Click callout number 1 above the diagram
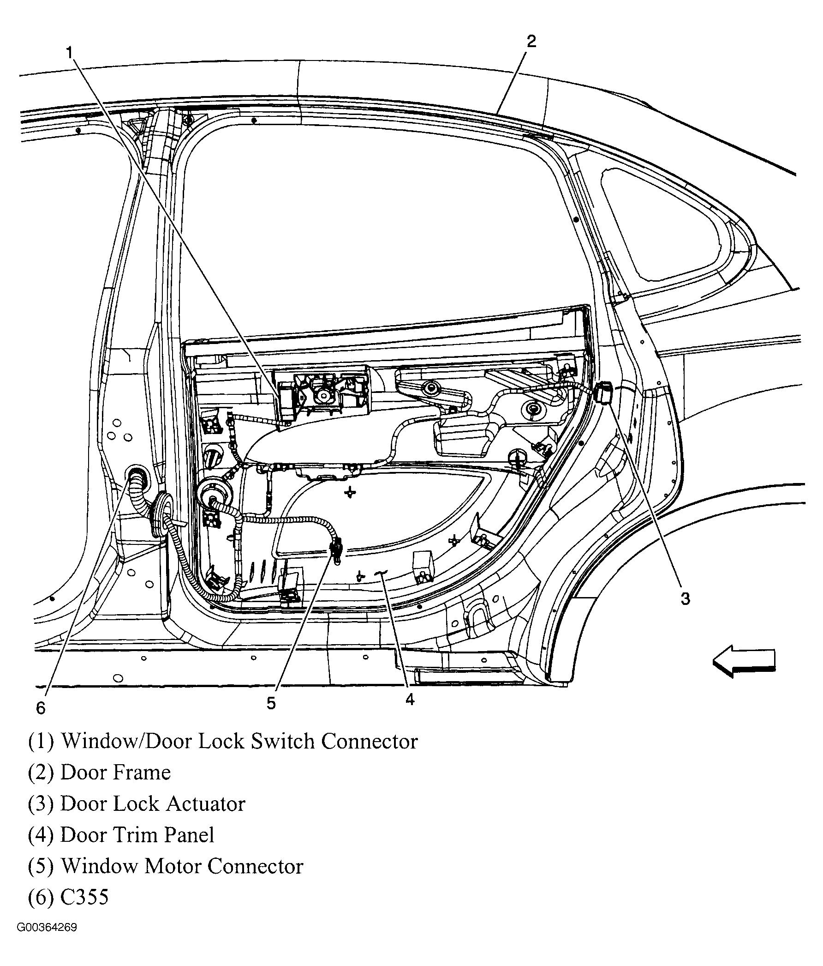[x=70, y=53]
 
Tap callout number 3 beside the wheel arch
[x=685, y=598]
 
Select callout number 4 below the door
[x=409, y=699]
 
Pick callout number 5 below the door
[x=271, y=703]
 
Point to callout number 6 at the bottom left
[x=41, y=708]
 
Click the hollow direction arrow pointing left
[x=744, y=661]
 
